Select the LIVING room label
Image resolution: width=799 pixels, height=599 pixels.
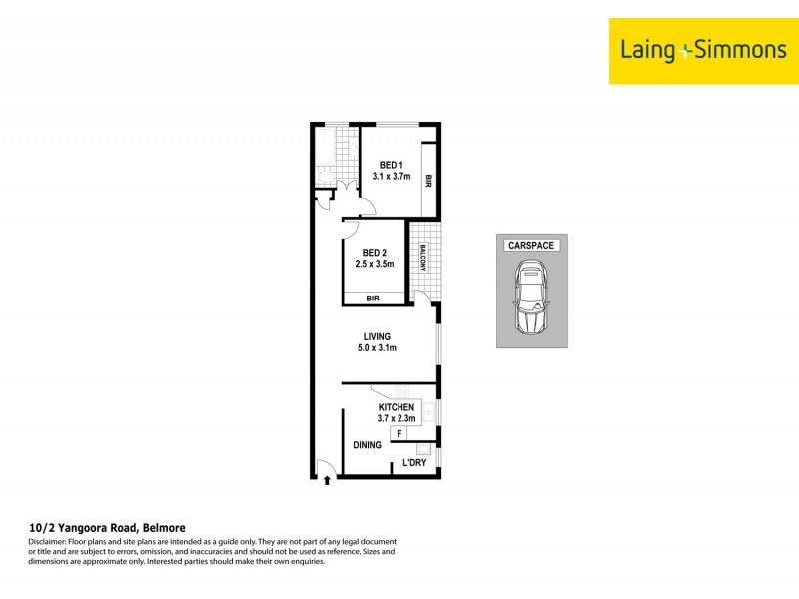[x=377, y=337]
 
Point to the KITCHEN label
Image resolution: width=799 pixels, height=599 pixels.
[x=396, y=407]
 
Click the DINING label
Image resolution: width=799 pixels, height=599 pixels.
[x=367, y=445]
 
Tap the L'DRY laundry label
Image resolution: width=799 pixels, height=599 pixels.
[x=414, y=464]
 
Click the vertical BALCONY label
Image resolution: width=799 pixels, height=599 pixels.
[x=423, y=262]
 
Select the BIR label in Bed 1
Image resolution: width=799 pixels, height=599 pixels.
[x=428, y=182]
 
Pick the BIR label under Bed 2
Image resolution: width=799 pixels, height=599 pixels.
[x=373, y=298]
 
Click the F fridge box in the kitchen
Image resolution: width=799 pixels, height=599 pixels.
[x=399, y=433]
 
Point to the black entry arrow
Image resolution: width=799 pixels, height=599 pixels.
[x=328, y=483]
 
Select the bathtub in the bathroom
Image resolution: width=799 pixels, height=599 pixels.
[x=324, y=148]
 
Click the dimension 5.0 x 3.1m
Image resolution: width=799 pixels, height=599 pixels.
[x=377, y=349]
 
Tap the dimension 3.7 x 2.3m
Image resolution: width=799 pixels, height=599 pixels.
[x=396, y=419]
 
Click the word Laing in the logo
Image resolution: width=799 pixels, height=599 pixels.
[x=649, y=49]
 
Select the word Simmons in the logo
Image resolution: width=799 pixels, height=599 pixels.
[x=734, y=49]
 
